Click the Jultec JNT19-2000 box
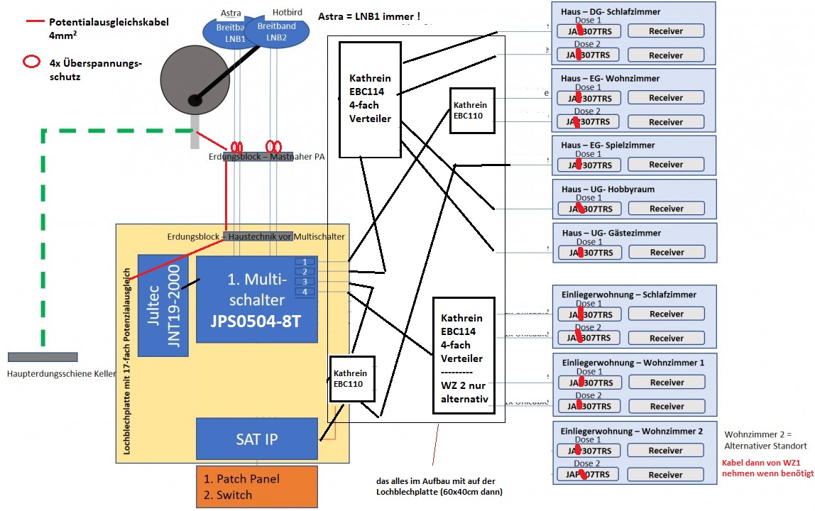(163, 304)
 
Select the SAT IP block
(256, 439)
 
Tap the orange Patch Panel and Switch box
(256, 487)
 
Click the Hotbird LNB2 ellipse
(275, 32)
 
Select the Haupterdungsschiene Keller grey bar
(43, 357)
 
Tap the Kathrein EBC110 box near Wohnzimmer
(471, 110)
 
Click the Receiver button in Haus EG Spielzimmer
(666, 165)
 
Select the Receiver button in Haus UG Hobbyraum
(666, 209)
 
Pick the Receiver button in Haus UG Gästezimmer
(666, 252)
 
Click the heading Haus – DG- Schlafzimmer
(611, 12)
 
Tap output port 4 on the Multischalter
(305, 292)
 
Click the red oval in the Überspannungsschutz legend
(31, 62)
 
